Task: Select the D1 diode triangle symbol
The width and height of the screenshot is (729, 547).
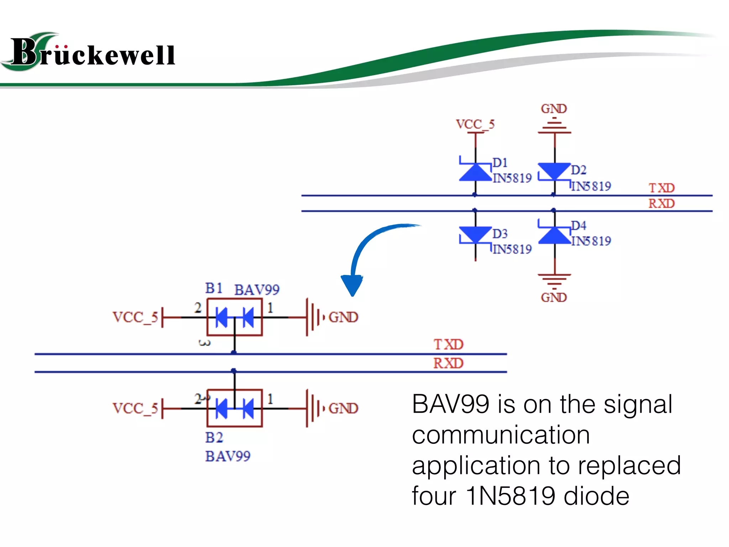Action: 475,172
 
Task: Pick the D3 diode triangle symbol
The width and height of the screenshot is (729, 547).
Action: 475,234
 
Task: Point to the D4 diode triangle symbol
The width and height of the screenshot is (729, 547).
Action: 554,235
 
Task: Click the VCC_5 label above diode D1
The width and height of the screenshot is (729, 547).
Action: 475,124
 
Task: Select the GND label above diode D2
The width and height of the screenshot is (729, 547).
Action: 554,109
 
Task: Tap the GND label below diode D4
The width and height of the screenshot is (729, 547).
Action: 554,297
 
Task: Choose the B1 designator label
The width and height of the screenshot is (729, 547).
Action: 214,288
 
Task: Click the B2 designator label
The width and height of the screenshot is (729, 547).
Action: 214,438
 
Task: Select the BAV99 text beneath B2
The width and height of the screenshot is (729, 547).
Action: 228,456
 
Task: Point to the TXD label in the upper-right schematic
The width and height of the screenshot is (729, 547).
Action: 661,188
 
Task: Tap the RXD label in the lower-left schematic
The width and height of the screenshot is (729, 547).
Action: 448,363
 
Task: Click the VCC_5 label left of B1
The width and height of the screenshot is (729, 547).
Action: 135,317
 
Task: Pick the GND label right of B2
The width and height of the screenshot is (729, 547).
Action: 343,408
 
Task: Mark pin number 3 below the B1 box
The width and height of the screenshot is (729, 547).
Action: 204,343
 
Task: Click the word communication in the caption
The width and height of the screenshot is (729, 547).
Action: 501,435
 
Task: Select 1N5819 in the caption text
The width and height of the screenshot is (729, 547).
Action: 510,496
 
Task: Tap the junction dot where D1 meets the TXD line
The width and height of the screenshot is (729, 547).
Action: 475,195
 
